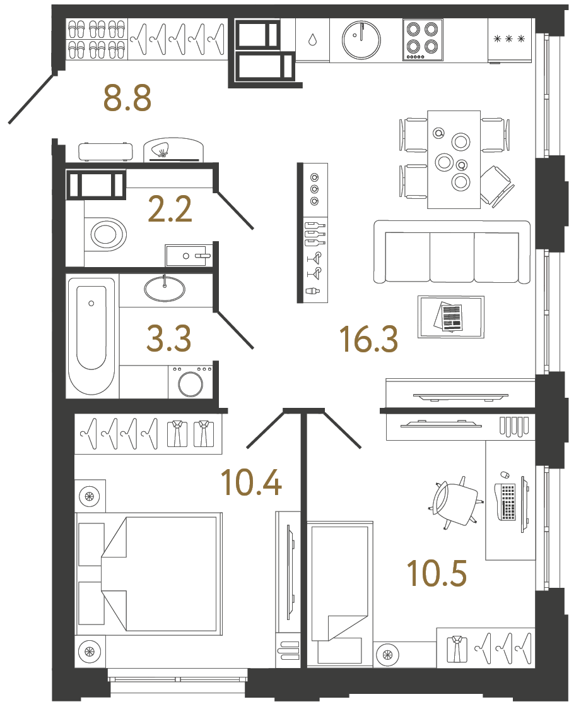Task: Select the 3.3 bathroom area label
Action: [168, 339]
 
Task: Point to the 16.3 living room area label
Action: [368, 339]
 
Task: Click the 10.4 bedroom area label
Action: [251, 482]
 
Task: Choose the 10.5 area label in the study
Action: [437, 573]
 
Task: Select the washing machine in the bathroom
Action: [190, 381]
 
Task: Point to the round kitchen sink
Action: [361, 39]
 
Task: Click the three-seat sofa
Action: [452, 253]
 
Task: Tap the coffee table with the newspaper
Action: [451, 316]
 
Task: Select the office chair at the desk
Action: [456, 503]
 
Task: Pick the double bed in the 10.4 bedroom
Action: [149, 573]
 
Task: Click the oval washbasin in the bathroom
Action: [165, 289]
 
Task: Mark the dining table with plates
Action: [454, 159]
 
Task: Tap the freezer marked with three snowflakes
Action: [510, 40]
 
